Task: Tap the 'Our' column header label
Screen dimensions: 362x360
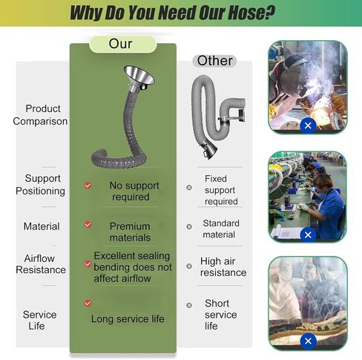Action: click(x=120, y=44)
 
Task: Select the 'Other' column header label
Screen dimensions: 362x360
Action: click(x=214, y=61)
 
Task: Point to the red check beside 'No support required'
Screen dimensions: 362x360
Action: click(x=88, y=186)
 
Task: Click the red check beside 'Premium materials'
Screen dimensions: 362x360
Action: click(x=88, y=225)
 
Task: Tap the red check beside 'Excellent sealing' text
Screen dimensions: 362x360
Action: click(x=88, y=264)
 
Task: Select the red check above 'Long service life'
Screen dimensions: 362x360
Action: click(x=88, y=303)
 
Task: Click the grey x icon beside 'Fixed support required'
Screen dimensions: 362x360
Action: click(x=189, y=188)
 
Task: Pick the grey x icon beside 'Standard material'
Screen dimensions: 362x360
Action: click(x=189, y=226)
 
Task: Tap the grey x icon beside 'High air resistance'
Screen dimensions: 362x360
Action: click(x=189, y=266)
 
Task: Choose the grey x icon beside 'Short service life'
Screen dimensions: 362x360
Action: click(x=189, y=305)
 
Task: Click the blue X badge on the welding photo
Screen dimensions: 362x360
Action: click(x=308, y=125)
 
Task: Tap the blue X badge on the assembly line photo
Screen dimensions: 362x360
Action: click(x=308, y=235)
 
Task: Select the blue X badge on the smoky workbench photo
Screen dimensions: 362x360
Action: click(x=308, y=341)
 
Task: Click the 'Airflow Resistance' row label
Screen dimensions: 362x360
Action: click(x=41, y=264)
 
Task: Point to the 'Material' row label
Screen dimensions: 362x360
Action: click(x=42, y=226)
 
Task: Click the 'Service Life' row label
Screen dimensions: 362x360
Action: click(x=39, y=320)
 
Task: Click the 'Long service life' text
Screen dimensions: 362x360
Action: click(x=128, y=319)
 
